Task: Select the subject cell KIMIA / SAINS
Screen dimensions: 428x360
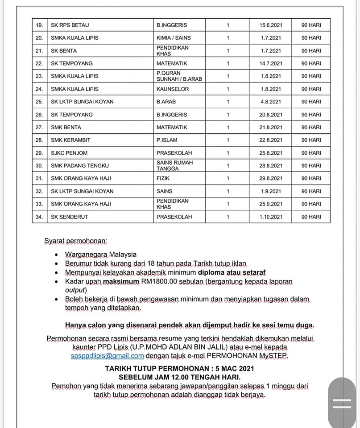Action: pyautogui.click(x=174, y=38)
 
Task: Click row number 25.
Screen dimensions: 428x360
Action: pyautogui.click(x=39, y=102)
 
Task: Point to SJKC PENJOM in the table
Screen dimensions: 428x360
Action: pyautogui.click(x=69, y=153)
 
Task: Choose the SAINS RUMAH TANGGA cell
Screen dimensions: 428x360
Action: pyautogui.click(x=174, y=165)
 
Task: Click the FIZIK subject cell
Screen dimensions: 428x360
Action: pyautogui.click(x=163, y=178)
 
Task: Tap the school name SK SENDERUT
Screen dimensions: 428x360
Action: pyautogui.click(x=70, y=217)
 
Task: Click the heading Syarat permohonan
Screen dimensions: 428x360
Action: pyautogui.click(x=75, y=241)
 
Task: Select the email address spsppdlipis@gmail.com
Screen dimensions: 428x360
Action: pyautogui.click(x=107, y=356)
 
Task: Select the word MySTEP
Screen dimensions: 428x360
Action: pyautogui.click(x=274, y=356)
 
